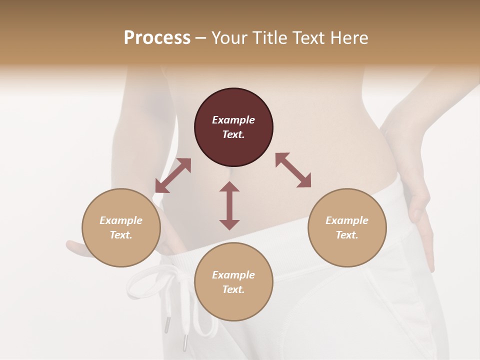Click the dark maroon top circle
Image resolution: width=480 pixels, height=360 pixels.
click(x=233, y=127)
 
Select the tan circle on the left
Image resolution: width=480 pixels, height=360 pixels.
click(x=121, y=228)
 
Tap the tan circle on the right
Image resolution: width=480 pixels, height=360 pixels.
click(x=347, y=228)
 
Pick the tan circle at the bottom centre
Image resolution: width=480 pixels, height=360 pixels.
click(x=233, y=282)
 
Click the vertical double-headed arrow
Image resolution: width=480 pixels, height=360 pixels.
click(x=229, y=205)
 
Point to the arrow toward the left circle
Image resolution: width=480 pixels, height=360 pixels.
click(x=173, y=175)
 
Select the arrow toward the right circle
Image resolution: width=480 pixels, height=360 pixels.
click(x=293, y=170)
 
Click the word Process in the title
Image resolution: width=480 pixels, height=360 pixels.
click(x=157, y=37)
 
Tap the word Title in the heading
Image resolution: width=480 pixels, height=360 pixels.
click(x=268, y=37)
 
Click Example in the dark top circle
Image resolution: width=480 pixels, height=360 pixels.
click(x=233, y=120)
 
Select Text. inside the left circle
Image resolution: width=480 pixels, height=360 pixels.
click(x=121, y=235)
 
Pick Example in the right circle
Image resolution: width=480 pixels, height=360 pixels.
click(x=347, y=220)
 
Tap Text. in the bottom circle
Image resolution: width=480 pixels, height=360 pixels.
click(x=233, y=289)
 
